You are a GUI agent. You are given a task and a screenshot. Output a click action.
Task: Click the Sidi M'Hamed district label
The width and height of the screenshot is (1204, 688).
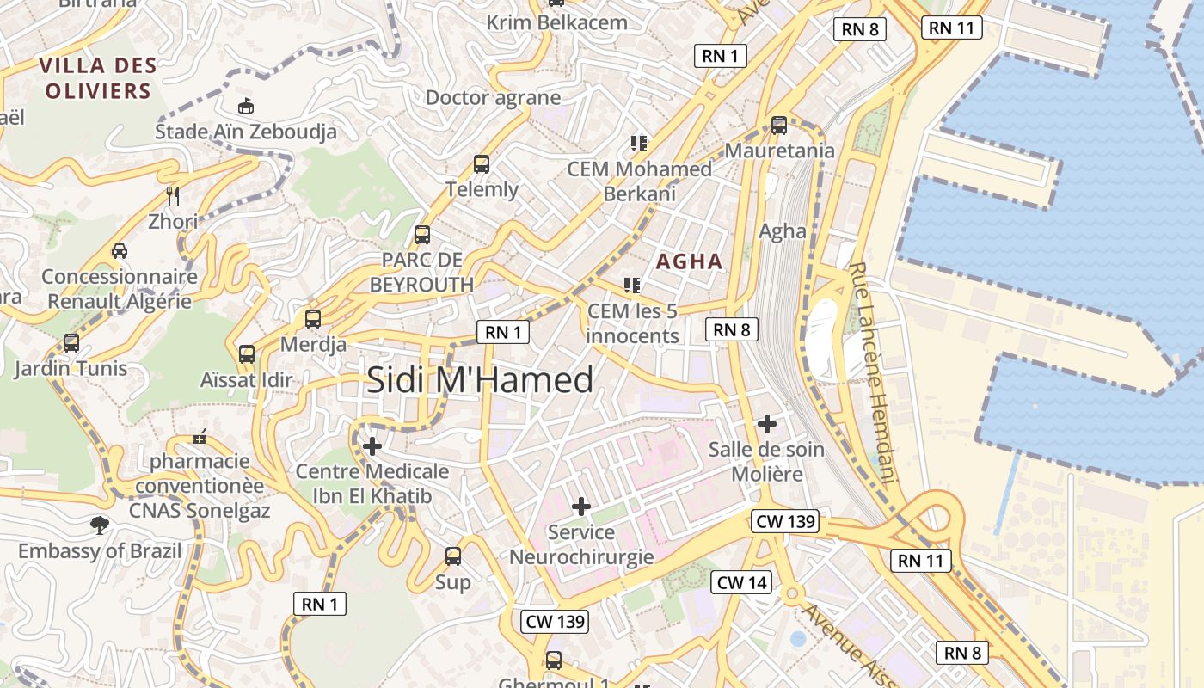pos(480,380)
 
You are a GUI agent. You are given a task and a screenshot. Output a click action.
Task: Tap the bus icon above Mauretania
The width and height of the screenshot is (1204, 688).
pos(779,126)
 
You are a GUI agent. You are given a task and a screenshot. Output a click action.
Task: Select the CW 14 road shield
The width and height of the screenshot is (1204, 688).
pos(741,582)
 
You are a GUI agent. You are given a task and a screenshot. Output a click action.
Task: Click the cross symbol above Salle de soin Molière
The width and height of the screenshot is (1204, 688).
pos(766,424)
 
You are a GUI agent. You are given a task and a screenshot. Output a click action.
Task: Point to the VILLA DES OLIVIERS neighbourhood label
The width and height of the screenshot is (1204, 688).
pos(98,77)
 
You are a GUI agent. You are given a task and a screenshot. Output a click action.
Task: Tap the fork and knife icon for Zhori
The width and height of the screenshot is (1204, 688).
pos(173,195)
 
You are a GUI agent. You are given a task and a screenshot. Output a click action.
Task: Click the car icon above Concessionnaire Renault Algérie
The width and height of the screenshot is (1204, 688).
pos(120,251)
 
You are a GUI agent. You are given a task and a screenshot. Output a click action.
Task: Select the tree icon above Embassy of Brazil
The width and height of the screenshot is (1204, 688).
pos(100,525)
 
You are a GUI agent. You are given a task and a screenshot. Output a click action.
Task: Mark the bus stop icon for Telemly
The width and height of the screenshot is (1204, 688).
pos(482,163)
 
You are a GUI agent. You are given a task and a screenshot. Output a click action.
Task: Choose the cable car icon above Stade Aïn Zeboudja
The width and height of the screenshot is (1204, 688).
pos(246,106)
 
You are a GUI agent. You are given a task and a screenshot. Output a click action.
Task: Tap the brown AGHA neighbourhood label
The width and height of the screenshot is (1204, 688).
pos(690,261)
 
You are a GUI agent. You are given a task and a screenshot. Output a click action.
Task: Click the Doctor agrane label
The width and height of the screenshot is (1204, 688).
pos(494,97)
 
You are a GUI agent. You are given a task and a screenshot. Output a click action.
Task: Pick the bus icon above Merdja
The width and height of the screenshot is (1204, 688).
pos(313,319)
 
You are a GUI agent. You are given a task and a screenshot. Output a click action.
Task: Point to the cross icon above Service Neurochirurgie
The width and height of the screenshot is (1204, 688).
pos(581,507)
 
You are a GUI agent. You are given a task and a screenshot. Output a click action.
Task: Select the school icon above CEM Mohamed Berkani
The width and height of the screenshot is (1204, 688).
pos(639,143)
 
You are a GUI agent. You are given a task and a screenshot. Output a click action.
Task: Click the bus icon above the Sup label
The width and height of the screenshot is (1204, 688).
pos(453,556)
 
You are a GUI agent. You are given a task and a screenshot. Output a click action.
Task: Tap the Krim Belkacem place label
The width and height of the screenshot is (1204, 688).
pos(557,22)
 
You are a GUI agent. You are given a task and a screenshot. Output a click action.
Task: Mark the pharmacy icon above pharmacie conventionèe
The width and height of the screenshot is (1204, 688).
pos(200,438)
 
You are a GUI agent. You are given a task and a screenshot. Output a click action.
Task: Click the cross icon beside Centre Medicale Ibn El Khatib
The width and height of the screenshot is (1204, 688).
pos(372,446)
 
